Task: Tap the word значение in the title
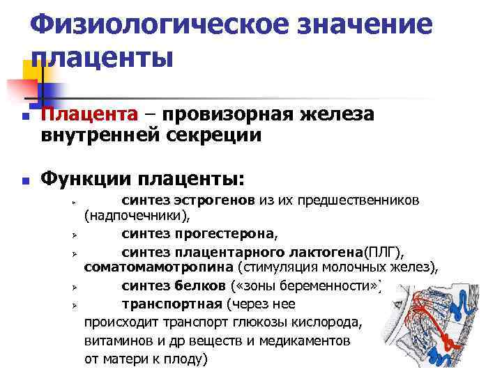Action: pyautogui.click(x=363, y=25)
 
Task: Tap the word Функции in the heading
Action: pyautogui.click(x=91, y=180)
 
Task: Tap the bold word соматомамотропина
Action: pyautogui.click(x=158, y=266)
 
